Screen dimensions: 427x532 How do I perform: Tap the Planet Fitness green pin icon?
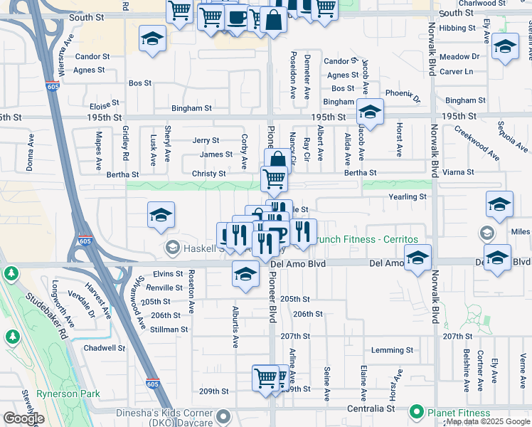[x=416, y=412]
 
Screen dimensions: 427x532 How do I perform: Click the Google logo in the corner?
[x=23, y=418]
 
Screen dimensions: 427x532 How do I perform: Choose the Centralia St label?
[x=371, y=409]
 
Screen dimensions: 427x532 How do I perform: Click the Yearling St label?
[x=407, y=196]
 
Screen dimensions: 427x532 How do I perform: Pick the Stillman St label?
[x=169, y=330]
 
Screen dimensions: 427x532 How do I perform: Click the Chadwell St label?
[x=104, y=348]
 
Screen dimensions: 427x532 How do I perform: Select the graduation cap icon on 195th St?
[x=370, y=112]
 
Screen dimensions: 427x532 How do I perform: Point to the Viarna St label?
[x=458, y=172]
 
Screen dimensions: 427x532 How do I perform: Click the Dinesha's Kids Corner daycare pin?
[x=223, y=415]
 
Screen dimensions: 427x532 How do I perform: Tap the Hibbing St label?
[x=457, y=28]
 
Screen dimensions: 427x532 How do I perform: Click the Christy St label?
[x=208, y=174]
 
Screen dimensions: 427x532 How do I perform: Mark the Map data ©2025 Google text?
[x=488, y=422]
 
